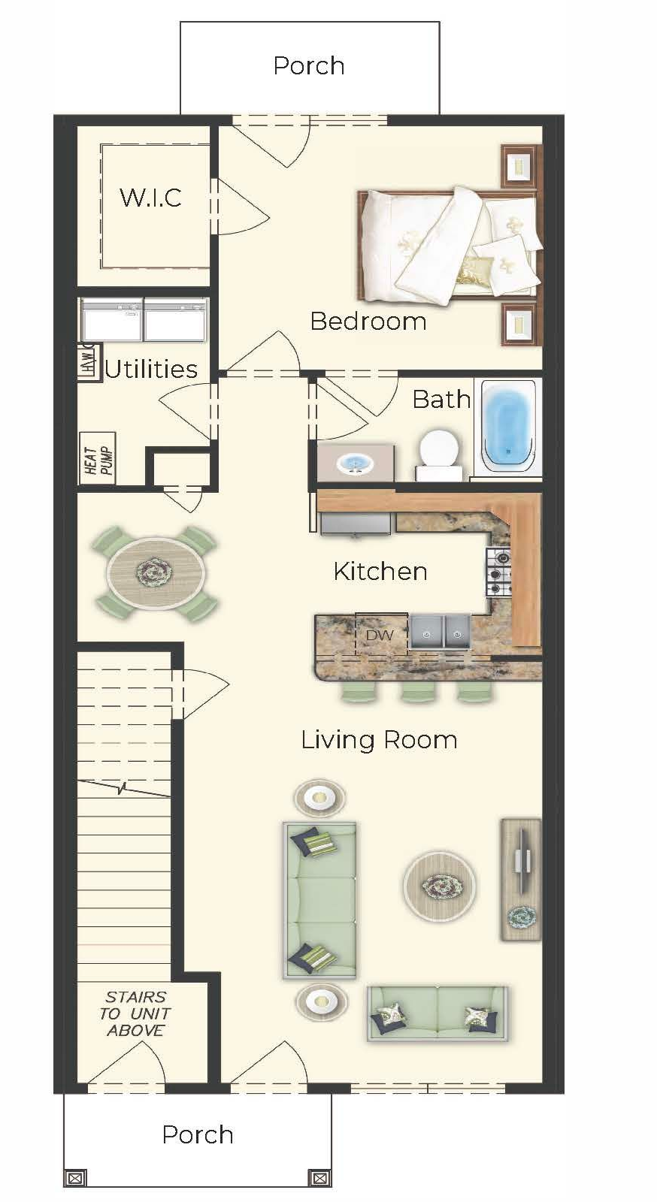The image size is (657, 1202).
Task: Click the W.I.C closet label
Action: (x=151, y=198)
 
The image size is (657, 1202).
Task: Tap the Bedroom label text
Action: (x=368, y=322)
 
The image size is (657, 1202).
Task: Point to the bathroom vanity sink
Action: (x=355, y=463)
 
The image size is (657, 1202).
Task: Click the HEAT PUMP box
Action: (x=98, y=458)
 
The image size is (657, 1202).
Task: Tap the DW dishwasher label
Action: (x=380, y=636)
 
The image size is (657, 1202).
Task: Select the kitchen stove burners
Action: (x=499, y=572)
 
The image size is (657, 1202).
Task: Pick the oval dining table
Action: (x=156, y=574)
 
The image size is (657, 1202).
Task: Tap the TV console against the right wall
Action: (x=521, y=879)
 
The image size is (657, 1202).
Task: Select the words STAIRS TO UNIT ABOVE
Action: (x=136, y=1013)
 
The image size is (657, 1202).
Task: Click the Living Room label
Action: (x=379, y=740)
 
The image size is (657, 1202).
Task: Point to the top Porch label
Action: (x=309, y=66)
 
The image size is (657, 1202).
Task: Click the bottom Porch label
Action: (x=198, y=1134)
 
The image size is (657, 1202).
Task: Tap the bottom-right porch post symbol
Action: (x=319, y=1177)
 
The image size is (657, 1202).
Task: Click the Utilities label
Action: (x=151, y=369)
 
